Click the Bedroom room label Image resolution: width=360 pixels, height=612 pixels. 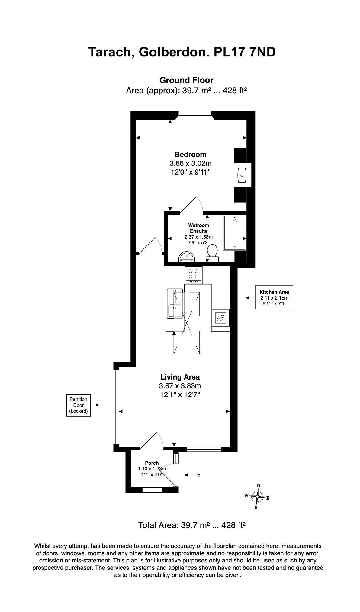click(190, 155)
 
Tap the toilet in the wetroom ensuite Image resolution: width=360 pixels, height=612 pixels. click(212, 252)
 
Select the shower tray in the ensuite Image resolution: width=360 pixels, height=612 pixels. click(235, 232)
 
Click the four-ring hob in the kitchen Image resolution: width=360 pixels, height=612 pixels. click(194, 274)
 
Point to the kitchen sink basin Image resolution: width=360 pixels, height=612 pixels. click(175, 311)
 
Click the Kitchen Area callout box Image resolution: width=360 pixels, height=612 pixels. click(274, 297)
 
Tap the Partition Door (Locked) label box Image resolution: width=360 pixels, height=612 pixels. click(79, 405)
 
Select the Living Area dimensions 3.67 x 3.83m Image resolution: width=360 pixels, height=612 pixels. click(180, 386)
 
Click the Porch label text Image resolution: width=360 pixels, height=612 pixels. click(152, 463)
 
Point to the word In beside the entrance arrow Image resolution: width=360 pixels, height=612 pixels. click(198, 475)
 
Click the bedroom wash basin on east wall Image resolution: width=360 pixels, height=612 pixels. click(242, 175)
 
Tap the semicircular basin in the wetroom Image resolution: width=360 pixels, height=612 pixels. click(187, 257)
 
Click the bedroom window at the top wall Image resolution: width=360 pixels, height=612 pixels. click(194, 113)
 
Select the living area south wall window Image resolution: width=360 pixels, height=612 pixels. click(204, 449)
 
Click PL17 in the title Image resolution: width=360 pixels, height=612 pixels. click(229, 52)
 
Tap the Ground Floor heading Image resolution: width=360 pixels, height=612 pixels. click(186, 80)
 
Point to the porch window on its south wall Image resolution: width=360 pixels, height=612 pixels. click(152, 490)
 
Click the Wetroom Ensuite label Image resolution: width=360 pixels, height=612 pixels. click(198, 228)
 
